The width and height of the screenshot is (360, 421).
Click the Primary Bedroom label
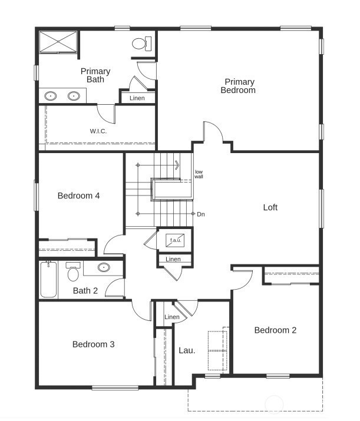point(238,86)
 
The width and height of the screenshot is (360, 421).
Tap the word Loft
point(270,207)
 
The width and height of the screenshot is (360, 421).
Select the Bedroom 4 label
point(78,195)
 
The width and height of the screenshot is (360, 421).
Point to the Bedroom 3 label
point(93,344)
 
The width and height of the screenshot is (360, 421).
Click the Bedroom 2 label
point(275,330)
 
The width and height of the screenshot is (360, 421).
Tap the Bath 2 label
point(85,290)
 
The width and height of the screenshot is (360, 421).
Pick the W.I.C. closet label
point(98,131)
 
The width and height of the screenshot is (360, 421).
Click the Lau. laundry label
point(187,350)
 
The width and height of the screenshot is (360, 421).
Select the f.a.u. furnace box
point(176,240)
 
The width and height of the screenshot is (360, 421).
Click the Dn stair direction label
point(201,214)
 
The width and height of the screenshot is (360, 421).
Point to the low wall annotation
point(199,174)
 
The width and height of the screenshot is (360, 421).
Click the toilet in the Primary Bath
point(141,43)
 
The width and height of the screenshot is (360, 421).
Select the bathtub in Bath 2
point(49,281)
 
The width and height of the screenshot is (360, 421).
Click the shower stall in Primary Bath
point(58,42)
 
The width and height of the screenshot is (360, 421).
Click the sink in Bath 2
point(104,268)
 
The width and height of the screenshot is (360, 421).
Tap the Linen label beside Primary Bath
point(137,98)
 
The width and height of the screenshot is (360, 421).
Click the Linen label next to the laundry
point(172,317)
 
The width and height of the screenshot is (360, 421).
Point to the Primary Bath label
point(95,75)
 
